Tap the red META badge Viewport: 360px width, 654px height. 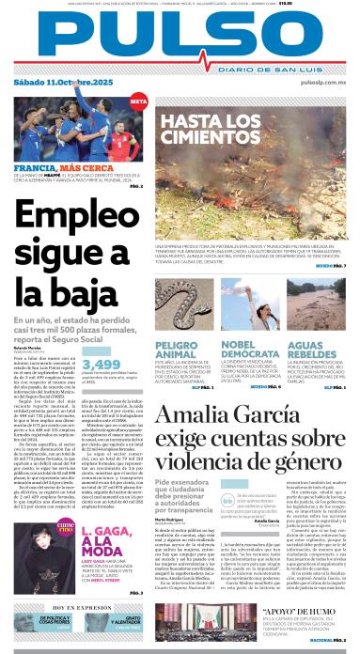[x=138, y=101]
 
